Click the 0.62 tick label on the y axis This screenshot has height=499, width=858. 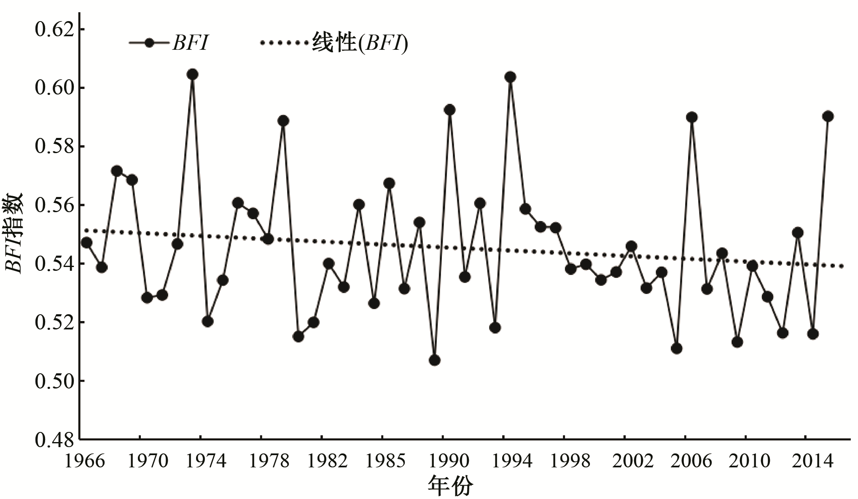tap(54, 30)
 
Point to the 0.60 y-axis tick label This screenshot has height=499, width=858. tap(54, 89)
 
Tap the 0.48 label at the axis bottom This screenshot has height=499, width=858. tap(54, 440)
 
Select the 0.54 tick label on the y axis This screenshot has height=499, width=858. tap(54, 264)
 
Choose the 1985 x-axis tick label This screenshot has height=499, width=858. tap(385, 461)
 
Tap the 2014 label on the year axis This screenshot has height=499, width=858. tap(812, 461)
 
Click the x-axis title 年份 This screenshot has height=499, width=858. tap(450, 486)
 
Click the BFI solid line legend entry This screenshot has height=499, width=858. tap(169, 43)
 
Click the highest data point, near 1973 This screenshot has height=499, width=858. tap(193, 75)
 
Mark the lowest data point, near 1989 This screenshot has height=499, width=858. tap(435, 360)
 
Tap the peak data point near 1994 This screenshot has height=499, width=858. tap(510, 77)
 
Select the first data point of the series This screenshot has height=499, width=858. tap(87, 243)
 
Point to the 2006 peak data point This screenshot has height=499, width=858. tap(691, 117)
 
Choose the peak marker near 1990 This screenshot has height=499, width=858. tap(450, 110)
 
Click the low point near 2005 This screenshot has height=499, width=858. tap(677, 348)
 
